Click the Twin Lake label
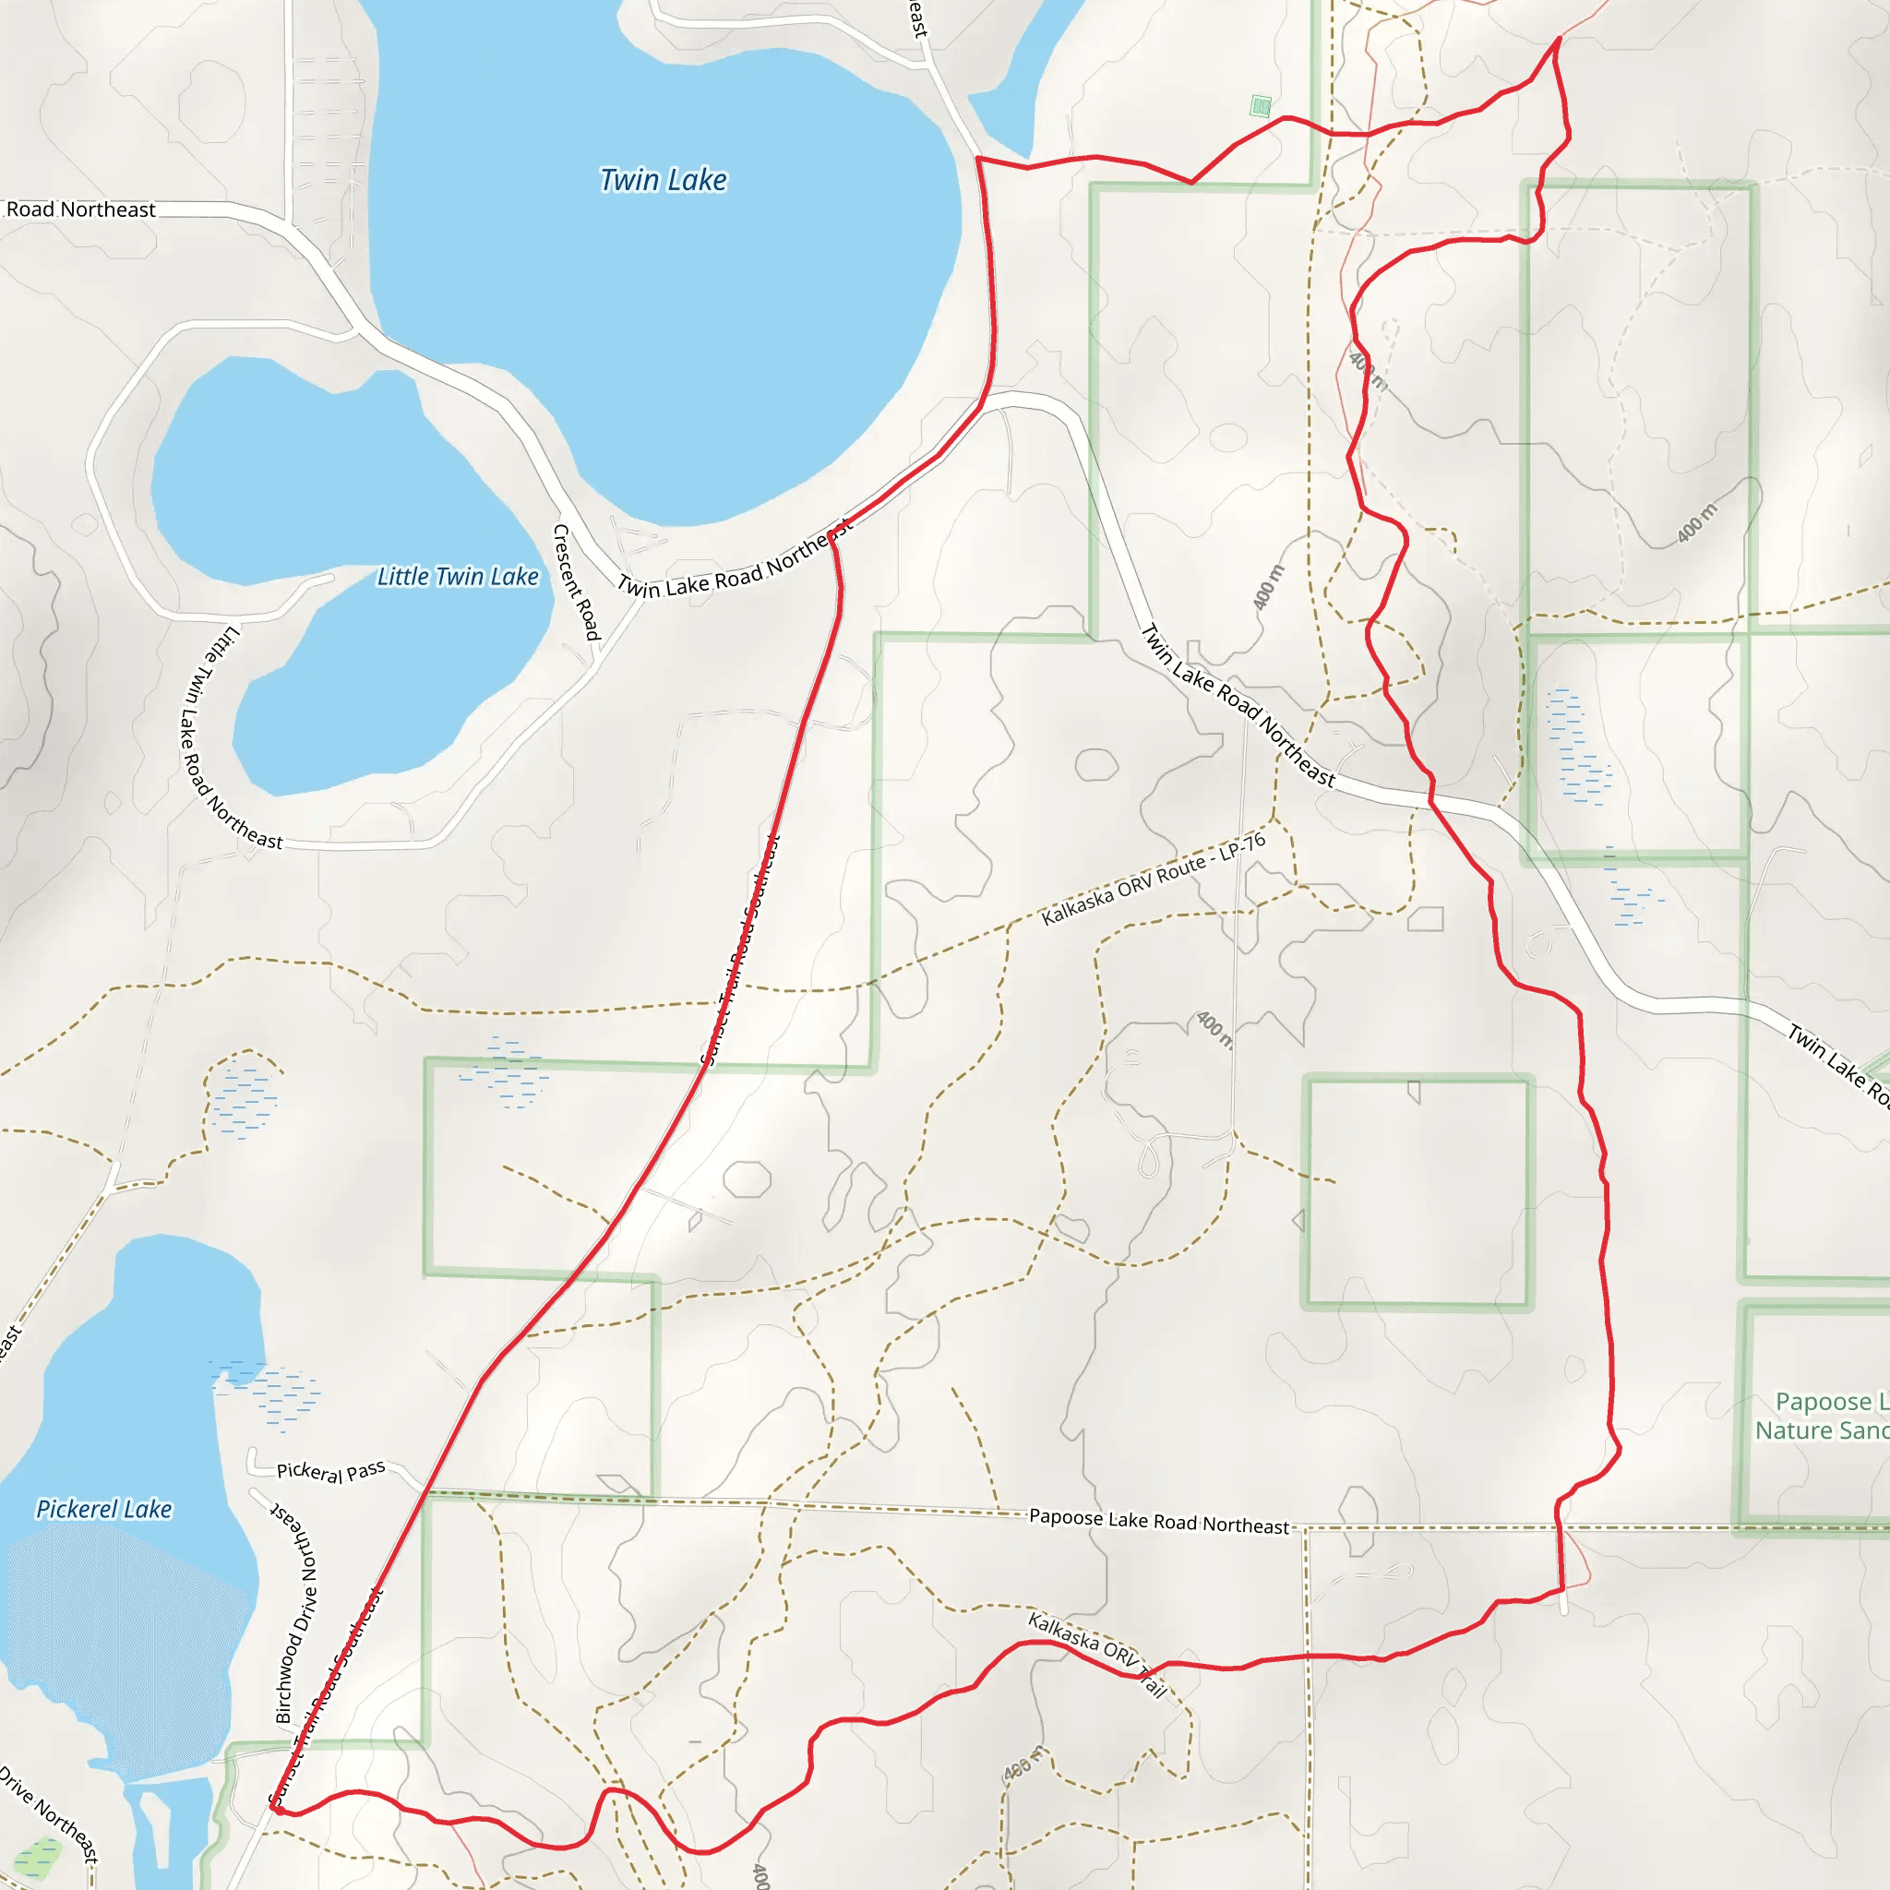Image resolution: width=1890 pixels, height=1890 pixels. (664, 180)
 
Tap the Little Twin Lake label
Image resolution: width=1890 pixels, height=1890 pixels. (458, 577)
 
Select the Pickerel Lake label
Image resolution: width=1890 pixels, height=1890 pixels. (103, 1510)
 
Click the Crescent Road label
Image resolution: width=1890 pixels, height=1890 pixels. (576, 582)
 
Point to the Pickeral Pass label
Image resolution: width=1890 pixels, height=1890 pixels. (330, 1471)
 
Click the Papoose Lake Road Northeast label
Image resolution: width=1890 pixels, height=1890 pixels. (1159, 1521)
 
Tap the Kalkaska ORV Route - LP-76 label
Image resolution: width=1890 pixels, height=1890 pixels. (1154, 879)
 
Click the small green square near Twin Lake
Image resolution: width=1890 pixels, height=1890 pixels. (1261, 105)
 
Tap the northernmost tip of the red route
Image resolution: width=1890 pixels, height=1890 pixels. (1559, 38)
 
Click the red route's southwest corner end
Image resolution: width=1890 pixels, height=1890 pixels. (278, 1810)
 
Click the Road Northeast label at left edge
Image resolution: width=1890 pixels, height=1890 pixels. (80, 209)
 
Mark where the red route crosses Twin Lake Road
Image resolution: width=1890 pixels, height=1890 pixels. (1432, 800)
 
